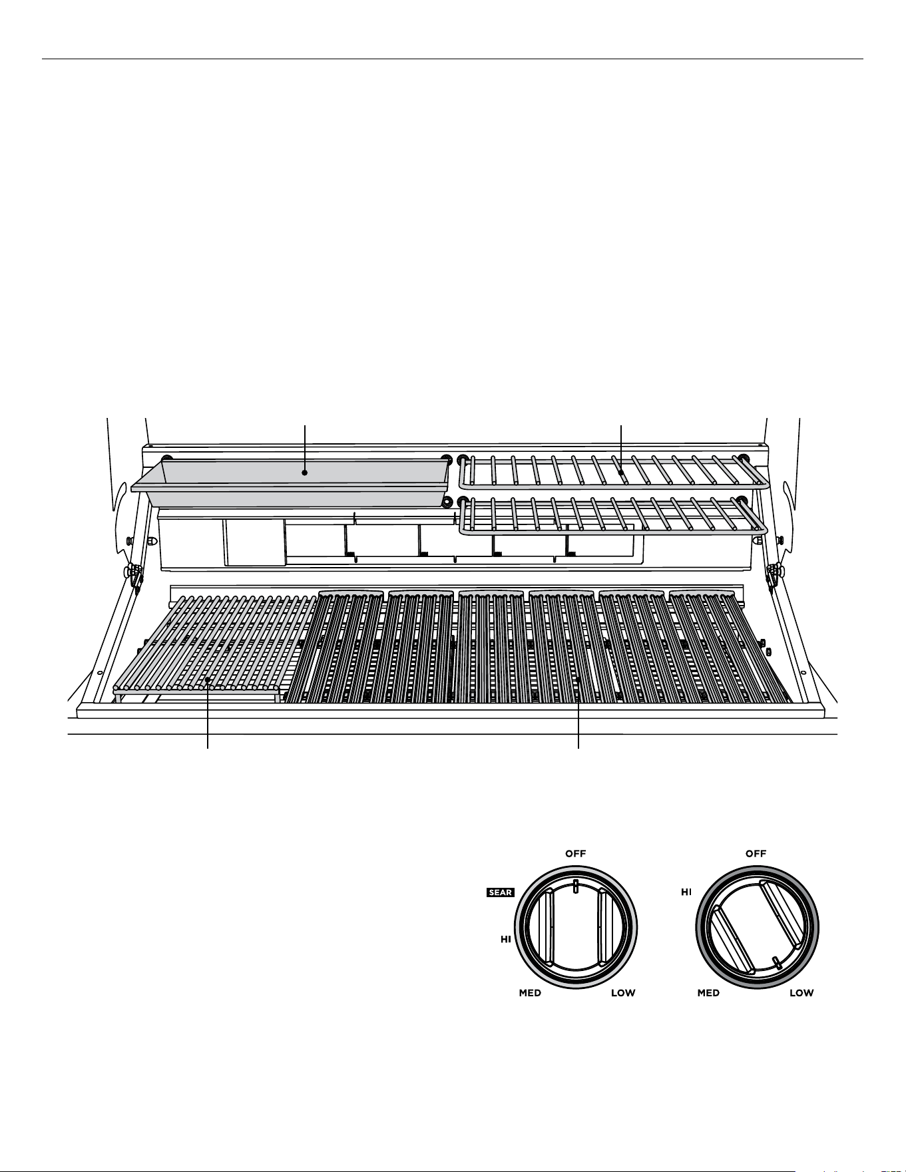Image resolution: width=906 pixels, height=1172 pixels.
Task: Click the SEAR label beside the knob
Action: (500, 892)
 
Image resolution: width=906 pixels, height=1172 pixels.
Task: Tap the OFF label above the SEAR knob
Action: (576, 853)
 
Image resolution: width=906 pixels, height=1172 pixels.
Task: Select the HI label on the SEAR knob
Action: (506, 939)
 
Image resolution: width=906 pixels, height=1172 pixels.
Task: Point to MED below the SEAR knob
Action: (530, 993)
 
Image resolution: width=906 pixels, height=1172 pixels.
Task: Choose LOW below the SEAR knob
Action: (623, 993)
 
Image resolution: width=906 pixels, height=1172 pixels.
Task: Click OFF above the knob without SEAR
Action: (756, 853)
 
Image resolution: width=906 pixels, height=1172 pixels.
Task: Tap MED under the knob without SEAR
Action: (708, 993)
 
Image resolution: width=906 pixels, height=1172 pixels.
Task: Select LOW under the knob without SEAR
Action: (801, 993)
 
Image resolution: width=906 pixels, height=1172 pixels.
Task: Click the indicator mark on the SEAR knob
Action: (576, 884)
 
